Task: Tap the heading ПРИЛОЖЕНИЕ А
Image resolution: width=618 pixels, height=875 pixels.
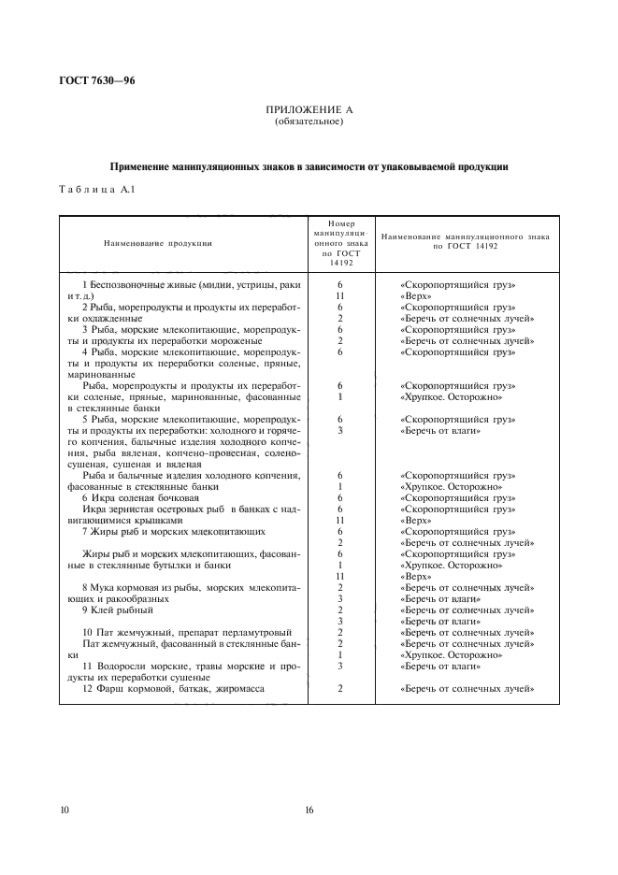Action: pos(308,110)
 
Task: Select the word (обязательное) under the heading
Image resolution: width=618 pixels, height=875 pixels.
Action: pos(308,122)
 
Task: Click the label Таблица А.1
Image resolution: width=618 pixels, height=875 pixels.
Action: pos(92,190)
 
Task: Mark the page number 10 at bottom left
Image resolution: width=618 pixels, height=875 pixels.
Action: pos(63,810)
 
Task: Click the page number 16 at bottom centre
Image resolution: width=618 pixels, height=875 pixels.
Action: pos(308,810)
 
